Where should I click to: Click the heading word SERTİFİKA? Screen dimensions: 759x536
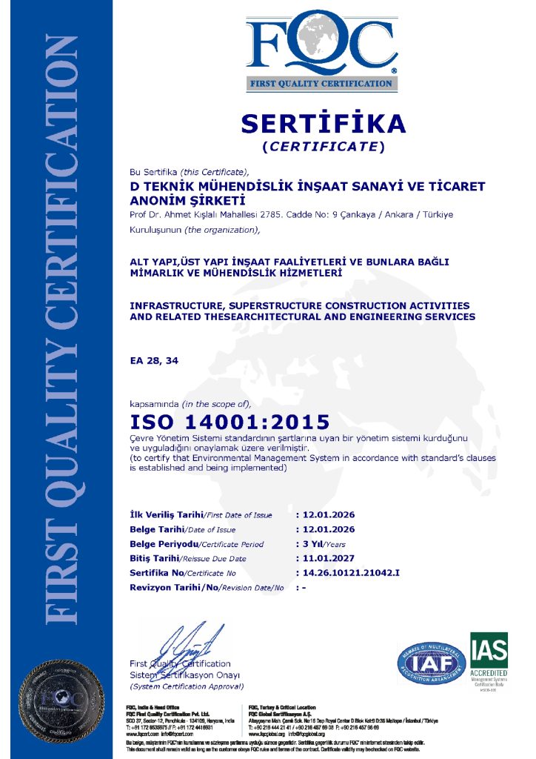324,122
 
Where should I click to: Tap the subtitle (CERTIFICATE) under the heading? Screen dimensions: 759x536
324,146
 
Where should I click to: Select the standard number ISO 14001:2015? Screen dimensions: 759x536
230,423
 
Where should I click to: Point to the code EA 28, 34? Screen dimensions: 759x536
154,360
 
